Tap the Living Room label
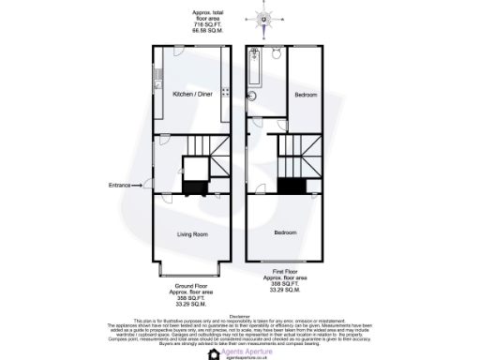(192, 233)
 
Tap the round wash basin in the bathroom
(251, 95)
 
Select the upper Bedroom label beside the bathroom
(305, 94)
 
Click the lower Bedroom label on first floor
(286, 231)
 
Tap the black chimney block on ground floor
(193, 187)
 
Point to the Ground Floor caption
(191, 283)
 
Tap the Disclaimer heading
(240, 316)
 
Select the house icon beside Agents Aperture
(214, 353)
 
